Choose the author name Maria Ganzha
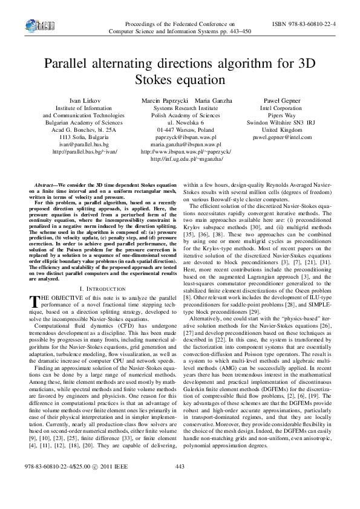click(211, 100)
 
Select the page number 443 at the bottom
click(179, 484)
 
